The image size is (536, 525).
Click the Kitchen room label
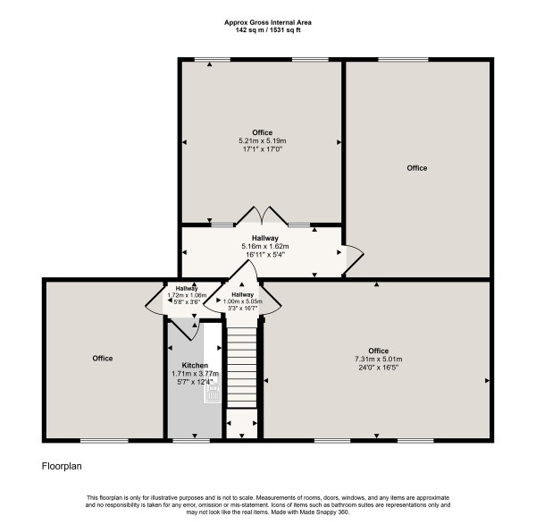click(x=195, y=365)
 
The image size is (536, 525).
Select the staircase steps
click(x=241, y=367)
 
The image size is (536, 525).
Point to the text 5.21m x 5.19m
click(x=262, y=140)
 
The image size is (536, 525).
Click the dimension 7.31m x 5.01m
click(x=379, y=359)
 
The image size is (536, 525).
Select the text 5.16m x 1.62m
click(x=264, y=245)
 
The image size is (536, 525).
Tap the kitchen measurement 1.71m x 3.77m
click(x=195, y=374)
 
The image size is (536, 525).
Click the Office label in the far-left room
click(x=102, y=358)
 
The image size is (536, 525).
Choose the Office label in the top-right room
click(x=416, y=168)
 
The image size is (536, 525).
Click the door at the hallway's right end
click(x=352, y=256)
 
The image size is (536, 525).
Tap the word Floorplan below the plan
click(x=63, y=466)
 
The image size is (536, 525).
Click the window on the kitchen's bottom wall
click(x=185, y=440)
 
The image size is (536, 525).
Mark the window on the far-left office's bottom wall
click(x=97, y=440)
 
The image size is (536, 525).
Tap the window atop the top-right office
click(x=396, y=60)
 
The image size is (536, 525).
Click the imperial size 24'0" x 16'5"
click(x=379, y=367)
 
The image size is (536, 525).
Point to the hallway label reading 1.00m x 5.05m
click(x=242, y=302)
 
